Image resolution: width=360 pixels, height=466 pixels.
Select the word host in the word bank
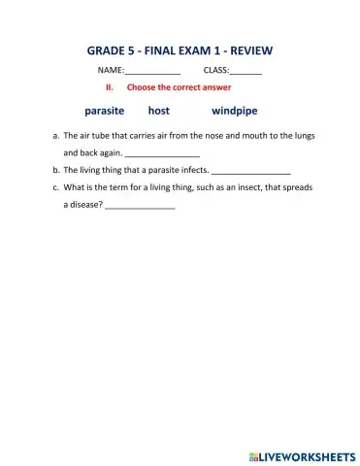click(x=158, y=111)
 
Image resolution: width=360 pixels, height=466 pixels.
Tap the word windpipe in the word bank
click(x=234, y=111)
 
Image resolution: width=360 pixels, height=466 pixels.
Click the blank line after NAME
click(x=153, y=73)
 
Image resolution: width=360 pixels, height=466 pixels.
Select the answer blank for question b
click(x=250, y=172)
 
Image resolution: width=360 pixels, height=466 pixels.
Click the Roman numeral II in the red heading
click(x=110, y=87)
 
